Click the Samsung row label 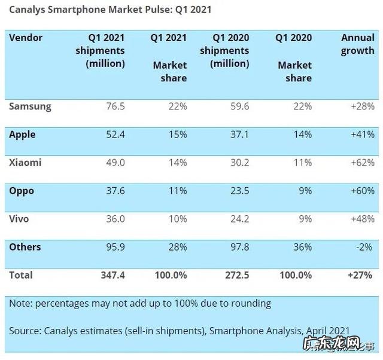tap(30, 106)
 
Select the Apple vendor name tap(22, 135)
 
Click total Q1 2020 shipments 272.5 tap(235, 275)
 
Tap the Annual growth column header tap(357, 44)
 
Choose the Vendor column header tap(26, 38)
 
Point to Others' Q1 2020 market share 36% tap(302, 247)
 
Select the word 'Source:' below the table tap(26, 330)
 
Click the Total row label tap(21, 275)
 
